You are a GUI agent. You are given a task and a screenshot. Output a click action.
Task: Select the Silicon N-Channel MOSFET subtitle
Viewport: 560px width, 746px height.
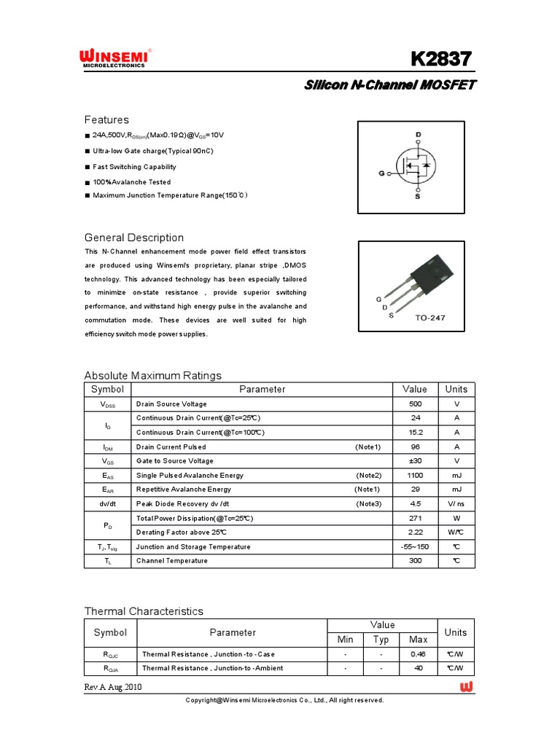(389, 85)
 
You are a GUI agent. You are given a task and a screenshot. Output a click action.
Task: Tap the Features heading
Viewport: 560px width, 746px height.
(106, 119)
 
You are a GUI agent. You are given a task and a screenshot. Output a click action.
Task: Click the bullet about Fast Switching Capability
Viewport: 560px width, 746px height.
(134, 167)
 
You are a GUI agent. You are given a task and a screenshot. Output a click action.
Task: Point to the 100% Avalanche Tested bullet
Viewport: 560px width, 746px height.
(131, 182)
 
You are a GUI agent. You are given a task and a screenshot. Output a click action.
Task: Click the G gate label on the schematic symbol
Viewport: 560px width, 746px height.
(381, 173)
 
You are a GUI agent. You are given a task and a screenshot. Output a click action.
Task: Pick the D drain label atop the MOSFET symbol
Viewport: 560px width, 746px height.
(418, 135)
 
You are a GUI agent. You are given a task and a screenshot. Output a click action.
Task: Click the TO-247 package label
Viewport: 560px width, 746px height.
(430, 318)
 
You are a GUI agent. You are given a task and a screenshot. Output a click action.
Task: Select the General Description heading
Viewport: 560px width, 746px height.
(134, 237)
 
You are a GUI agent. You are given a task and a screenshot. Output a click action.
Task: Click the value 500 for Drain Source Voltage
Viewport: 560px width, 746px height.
(415, 404)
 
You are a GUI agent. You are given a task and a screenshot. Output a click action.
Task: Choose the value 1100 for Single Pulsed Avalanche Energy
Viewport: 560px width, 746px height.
(415, 475)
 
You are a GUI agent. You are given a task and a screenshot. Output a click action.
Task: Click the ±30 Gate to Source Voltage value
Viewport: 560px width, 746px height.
(415, 461)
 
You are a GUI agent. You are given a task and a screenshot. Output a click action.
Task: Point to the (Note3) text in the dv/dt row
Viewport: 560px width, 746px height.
(368, 504)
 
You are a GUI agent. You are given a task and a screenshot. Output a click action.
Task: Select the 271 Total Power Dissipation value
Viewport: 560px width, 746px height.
(415, 518)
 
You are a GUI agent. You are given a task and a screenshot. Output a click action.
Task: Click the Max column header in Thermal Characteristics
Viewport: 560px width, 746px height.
(418, 640)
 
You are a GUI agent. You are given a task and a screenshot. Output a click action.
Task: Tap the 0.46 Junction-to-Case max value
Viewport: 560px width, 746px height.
(418, 654)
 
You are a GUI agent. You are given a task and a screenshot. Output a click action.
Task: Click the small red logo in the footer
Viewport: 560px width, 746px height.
(467, 687)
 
